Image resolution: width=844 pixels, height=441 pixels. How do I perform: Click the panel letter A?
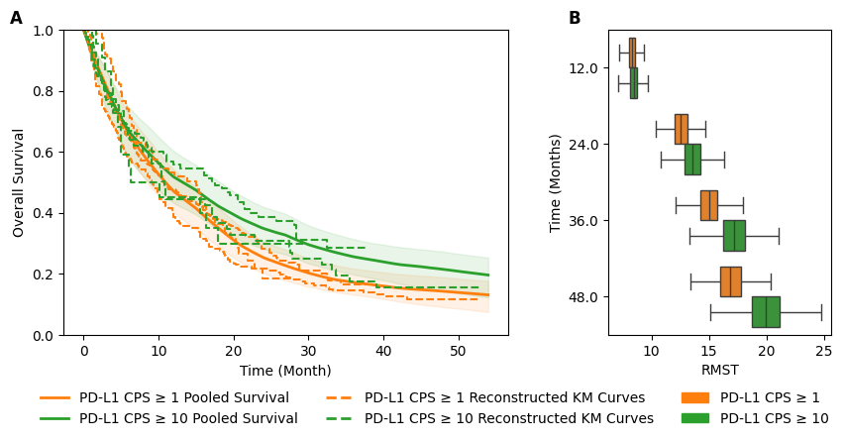pyautogui.click(x=16, y=19)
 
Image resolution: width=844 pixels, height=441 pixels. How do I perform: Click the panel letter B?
pyautogui.click(x=575, y=19)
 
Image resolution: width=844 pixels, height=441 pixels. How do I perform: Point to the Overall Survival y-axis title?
pyautogui.click(x=19, y=182)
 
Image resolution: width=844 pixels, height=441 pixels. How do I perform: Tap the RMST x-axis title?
pyautogui.click(x=719, y=371)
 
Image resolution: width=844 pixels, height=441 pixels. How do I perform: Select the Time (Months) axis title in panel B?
pyautogui.click(x=556, y=182)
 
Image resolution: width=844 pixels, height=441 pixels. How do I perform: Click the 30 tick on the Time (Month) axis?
pyautogui.click(x=308, y=351)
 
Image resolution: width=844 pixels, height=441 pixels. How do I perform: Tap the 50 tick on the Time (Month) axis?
pyautogui.click(x=458, y=351)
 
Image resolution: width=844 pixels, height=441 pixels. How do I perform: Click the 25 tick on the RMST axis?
pyautogui.click(x=823, y=351)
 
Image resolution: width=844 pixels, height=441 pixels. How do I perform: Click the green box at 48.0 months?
pyautogui.click(x=766, y=312)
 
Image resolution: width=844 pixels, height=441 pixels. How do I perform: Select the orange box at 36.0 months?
pyautogui.click(x=708, y=205)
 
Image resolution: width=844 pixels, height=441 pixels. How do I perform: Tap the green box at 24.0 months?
pyautogui.click(x=692, y=160)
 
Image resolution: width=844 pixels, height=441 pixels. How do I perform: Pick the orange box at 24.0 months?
pyautogui.click(x=681, y=129)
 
